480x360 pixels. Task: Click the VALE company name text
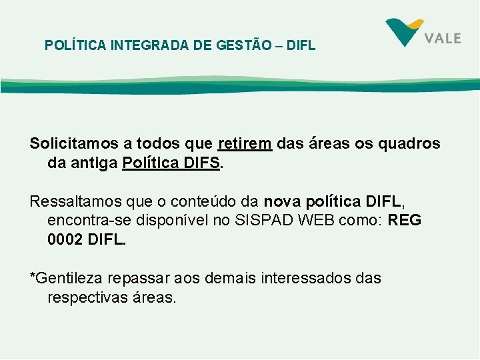click(443, 38)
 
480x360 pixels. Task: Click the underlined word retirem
click(245, 144)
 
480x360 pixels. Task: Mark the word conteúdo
click(201, 201)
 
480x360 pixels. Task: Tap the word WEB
click(307, 221)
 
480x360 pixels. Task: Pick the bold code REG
click(405, 221)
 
